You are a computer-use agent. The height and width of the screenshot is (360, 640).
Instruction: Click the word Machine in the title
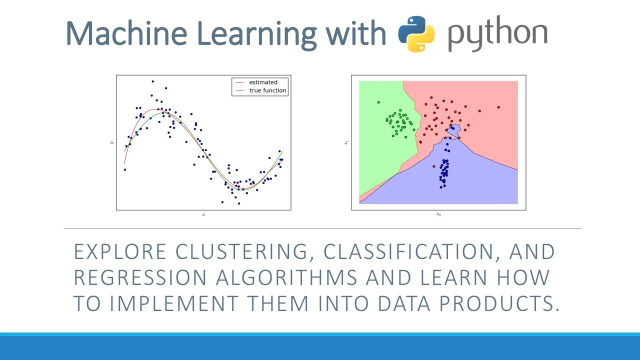point(126,33)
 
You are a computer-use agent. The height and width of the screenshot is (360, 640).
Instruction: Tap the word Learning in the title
point(256,33)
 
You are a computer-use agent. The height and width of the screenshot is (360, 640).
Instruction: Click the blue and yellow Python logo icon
point(416,33)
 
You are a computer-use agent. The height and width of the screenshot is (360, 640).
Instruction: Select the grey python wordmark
point(497,35)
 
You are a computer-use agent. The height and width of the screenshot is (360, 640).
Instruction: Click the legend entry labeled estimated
point(263,82)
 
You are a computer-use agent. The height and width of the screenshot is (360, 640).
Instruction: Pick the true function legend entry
point(267,90)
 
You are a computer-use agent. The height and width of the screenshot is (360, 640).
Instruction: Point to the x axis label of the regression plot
point(203,214)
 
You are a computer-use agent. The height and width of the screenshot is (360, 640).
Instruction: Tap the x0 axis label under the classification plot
point(438,214)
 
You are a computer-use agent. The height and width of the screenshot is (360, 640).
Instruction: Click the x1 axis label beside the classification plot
point(345,142)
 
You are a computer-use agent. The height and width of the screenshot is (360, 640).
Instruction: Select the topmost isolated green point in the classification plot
point(378,102)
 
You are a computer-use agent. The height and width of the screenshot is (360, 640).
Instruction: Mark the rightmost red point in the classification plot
point(498,107)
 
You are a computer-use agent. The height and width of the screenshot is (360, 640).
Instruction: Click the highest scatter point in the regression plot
point(152,81)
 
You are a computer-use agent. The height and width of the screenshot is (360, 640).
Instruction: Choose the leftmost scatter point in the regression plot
point(124,170)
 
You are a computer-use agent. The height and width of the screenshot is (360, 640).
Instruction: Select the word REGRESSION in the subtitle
point(140,277)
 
